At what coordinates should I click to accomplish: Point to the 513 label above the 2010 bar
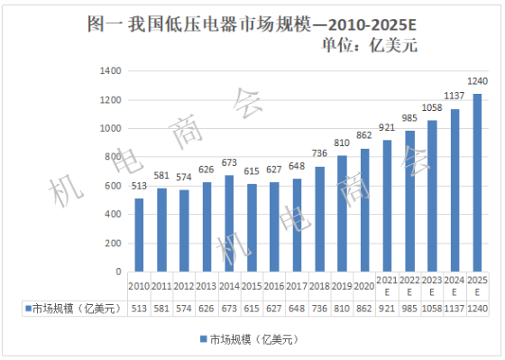140,187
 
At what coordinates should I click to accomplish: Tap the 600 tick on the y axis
111,186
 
